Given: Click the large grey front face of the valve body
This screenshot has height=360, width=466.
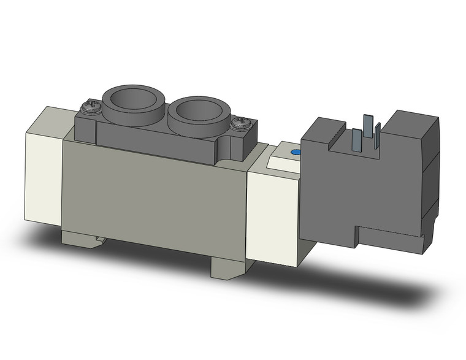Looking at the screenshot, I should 153,196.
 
